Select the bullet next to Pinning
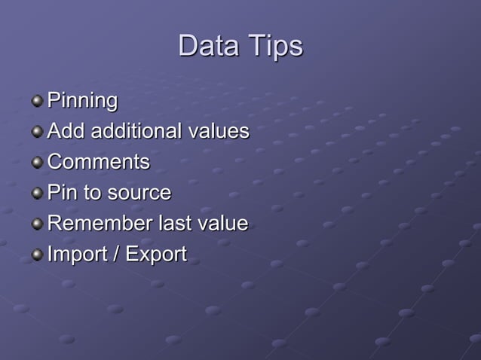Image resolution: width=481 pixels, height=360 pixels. coord(37,101)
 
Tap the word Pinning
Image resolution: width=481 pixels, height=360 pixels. coord(82,101)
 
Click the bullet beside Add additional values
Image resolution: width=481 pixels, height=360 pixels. coord(37,132)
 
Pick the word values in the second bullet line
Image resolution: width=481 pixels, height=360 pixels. coord(219,131)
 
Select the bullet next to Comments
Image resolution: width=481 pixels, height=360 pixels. coord(37,163)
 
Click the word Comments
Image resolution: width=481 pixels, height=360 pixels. coord(98,162)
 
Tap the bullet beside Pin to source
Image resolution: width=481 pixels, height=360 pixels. coord(37,194)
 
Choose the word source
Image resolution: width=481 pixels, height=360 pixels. coord(139,194)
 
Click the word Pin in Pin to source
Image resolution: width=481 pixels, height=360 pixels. coord(62,193)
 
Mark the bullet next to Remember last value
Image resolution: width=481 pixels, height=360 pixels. coord(37,224)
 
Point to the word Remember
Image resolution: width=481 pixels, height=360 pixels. coord(98,224)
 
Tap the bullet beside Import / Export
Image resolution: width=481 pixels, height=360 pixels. coord(37,255)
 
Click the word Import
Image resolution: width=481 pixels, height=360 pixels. coord(75,255)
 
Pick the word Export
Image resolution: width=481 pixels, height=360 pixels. coord(156,255)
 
